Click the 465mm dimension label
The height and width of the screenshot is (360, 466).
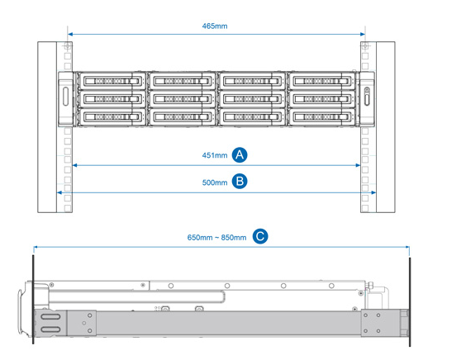pos(215,26)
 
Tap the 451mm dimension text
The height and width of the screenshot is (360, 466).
pos(215,155)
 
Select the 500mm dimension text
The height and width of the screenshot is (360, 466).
pos(215,182)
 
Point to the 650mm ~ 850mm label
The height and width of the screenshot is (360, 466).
pos(216,238)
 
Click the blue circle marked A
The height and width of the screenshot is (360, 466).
pos(240,154)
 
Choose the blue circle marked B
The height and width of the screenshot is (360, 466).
pos(240,181)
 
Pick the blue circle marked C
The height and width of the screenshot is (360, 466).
pos(260,237)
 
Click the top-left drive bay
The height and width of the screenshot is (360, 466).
pos(112,81)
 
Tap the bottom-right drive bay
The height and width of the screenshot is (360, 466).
pos(322,117)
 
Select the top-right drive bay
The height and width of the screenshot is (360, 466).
pos(322,81)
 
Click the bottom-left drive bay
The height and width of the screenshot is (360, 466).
pos(112,117)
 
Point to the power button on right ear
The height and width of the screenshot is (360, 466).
pos(367,90)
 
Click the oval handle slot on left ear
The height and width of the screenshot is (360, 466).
pos(65,96)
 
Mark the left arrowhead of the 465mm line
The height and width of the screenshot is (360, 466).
pos(70,34)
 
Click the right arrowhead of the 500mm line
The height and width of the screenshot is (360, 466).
pos(373,192)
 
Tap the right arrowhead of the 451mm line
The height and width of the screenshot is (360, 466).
pos(358,165)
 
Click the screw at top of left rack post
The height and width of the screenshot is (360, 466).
pos(68,46)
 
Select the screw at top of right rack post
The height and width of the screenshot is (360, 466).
pos(365,46)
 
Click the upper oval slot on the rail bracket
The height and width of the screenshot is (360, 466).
pos(51,316)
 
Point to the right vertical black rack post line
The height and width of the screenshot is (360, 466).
pos(410,301)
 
